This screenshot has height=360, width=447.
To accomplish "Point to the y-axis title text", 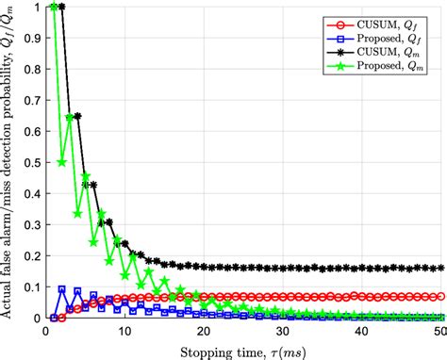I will (10, 160).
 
